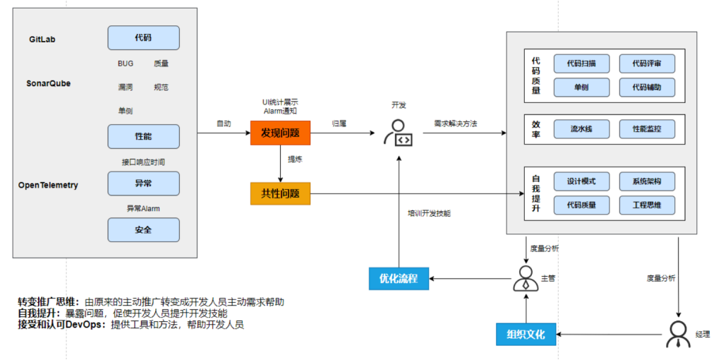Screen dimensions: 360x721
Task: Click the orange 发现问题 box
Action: point(280,132)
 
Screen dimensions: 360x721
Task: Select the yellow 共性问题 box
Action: point(280,193)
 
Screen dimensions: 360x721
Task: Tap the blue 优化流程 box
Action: point(399,278)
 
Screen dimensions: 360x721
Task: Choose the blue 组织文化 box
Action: point(526,333)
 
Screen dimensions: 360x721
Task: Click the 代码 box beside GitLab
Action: point(143,37)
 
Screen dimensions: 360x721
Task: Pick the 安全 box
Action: point(143,229)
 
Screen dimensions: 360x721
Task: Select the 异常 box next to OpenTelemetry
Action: point(143,183)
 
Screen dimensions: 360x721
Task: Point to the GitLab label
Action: point(42,40)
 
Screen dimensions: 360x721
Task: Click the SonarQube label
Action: point(49,83)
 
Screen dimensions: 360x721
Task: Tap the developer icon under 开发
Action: point(399,133)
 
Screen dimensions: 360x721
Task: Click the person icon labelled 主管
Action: point(523,278)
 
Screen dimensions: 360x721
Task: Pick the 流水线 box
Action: point(581,129)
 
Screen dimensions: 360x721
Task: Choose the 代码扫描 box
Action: point(581,64)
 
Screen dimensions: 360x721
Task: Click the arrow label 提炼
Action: point(295,160)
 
